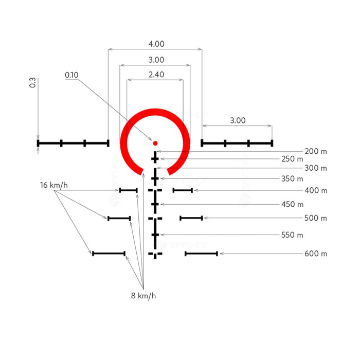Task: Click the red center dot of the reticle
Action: coord(155,143)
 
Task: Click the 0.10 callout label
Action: coord(72,75)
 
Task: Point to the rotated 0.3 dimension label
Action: coord(32,83)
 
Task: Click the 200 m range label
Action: coord(315,152)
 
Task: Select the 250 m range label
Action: coord(292,159)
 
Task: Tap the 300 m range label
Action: coord(315,168)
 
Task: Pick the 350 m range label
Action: coord(292,179)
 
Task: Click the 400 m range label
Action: coord(315,191)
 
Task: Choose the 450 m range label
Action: coord(292,204)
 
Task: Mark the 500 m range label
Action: coord(315,218)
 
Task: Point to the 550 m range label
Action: coord(292,235)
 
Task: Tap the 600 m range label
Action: coord(315,254)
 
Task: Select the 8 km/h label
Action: coord(143,296)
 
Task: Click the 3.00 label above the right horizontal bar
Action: coord(238,121)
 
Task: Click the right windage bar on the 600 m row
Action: coord(201,254)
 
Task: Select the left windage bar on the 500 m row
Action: coord(119,218)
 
